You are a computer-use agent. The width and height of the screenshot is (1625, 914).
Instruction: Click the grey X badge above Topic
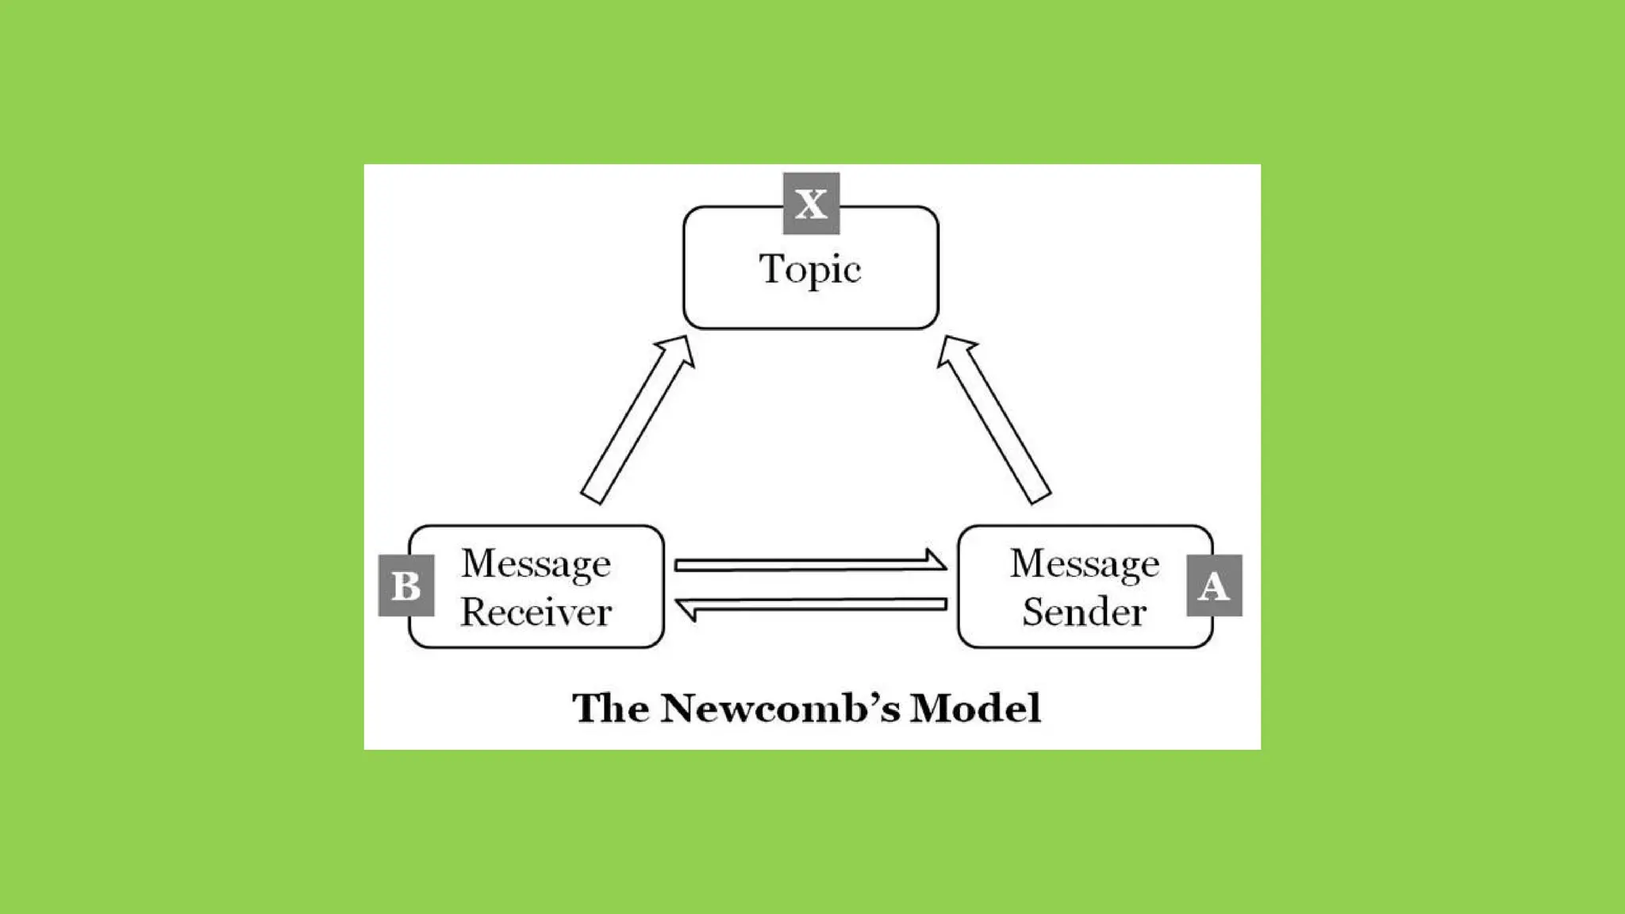[x=810, y=204]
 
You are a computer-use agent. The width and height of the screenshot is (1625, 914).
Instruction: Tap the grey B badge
[x=406, y=586]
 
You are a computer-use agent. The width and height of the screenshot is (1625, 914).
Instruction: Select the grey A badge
[x=1213, y=586]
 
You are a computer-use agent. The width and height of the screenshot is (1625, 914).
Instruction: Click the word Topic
[x=809, y=269]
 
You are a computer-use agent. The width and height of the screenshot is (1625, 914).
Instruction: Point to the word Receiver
[x=536, y=612]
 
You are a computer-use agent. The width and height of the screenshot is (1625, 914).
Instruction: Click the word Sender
[x=1084, y=612]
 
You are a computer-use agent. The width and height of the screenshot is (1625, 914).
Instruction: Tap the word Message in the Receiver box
[x=536, y=564]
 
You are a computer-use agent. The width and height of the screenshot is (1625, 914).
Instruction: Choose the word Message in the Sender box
[x=1084, y=564]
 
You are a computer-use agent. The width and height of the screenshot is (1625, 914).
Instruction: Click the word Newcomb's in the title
[x=780, y=708]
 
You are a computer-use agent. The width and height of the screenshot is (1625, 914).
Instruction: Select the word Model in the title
[x=975, y=708]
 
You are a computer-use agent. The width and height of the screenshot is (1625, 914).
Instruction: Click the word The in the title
[x=610, y=708]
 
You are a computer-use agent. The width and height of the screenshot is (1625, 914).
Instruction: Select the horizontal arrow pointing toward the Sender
[x=809, y=563]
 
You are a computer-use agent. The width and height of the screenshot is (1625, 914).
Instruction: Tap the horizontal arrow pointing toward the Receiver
[x=809, y=607]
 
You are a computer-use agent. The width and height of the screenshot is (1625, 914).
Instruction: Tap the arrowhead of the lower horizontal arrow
[x=687, y=609]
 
